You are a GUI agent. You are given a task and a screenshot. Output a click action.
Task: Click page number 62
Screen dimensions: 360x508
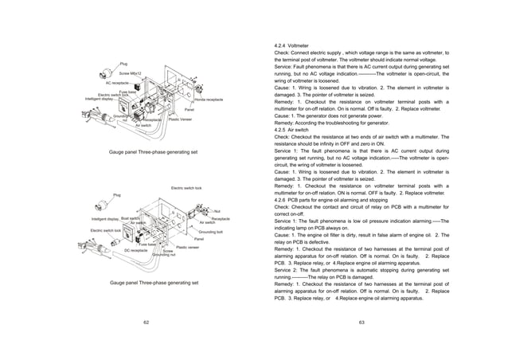point(145,322)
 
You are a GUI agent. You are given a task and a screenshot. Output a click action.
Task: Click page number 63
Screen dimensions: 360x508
point(361,322)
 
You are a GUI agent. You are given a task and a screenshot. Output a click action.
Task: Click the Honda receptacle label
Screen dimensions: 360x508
point(209,100)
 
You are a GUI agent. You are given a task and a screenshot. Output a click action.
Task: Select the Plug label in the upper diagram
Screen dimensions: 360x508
point(123,62)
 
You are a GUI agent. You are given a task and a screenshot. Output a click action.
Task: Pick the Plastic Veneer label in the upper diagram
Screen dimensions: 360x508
point(179,119)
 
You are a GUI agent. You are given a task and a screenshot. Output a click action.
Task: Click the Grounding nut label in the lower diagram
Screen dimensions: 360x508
point(163,254)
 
